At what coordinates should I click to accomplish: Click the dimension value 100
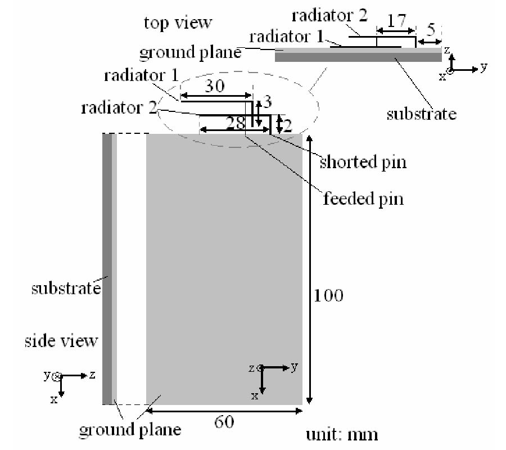328,295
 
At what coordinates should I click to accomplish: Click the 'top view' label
178,22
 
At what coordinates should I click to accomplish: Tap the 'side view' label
61,341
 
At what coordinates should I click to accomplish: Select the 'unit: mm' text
341,434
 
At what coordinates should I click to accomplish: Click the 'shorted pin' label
363,162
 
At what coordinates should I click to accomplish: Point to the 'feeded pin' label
363,199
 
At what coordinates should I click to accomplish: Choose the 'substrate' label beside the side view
65,289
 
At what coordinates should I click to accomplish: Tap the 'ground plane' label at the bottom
130,430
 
